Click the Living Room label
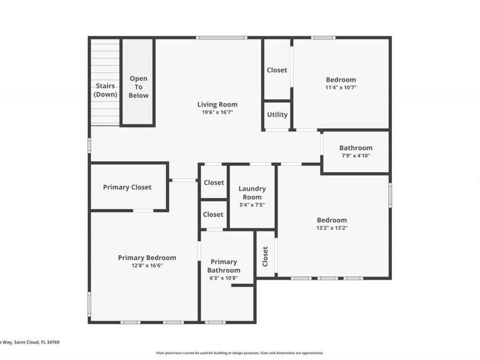click(217, 105)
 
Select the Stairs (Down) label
click(106, 90)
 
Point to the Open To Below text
click(139, 87)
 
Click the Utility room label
click(277, 115)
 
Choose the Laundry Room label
click(252, 193)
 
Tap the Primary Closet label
click(127, 187)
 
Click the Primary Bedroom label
click(147, 258)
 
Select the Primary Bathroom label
click(223, 266)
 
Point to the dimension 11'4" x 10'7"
click(341, 87)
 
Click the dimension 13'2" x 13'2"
click(332, 228)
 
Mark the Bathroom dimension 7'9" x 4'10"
click(355, 156)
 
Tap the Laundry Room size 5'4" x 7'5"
click(252, 205)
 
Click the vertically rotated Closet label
click(265, 256)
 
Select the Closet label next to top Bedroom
click(277, 70)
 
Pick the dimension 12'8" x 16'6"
click(147, 265)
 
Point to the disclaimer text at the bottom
click(239, 353)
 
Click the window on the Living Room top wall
click(221, 37)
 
